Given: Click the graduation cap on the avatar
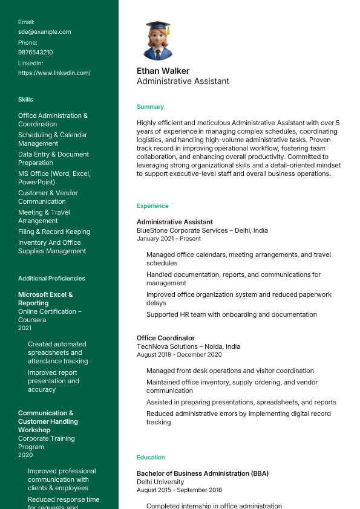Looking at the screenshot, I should pos(158,27).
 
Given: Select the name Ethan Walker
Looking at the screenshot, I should pos(163,71).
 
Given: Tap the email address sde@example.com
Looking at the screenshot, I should pos(44,31).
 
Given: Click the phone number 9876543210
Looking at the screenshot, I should pos(35,52).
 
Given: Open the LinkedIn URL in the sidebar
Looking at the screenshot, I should pos(54,73).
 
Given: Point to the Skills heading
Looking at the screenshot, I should pos(25,99).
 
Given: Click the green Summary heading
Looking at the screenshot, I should pos(150,106).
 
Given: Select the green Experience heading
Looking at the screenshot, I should pos(152,206).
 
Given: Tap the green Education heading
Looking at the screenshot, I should pos(151,457).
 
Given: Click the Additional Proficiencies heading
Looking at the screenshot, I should pos(51,278).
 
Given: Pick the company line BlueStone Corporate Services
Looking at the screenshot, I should pos(202,230).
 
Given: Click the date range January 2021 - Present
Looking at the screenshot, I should pos(169,238).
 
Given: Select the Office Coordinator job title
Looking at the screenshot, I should pos(166,338).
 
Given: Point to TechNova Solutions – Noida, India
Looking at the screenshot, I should pos(188,346).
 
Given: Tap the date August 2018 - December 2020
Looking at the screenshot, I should pos(179,354).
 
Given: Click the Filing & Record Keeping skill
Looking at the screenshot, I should pos(54,232).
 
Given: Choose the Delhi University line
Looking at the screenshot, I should pos(160,482).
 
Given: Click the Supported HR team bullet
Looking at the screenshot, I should pos(231,314).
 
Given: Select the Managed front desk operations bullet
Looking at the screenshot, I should pos(230,371).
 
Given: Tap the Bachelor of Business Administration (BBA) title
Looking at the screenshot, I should pos(202,473).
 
